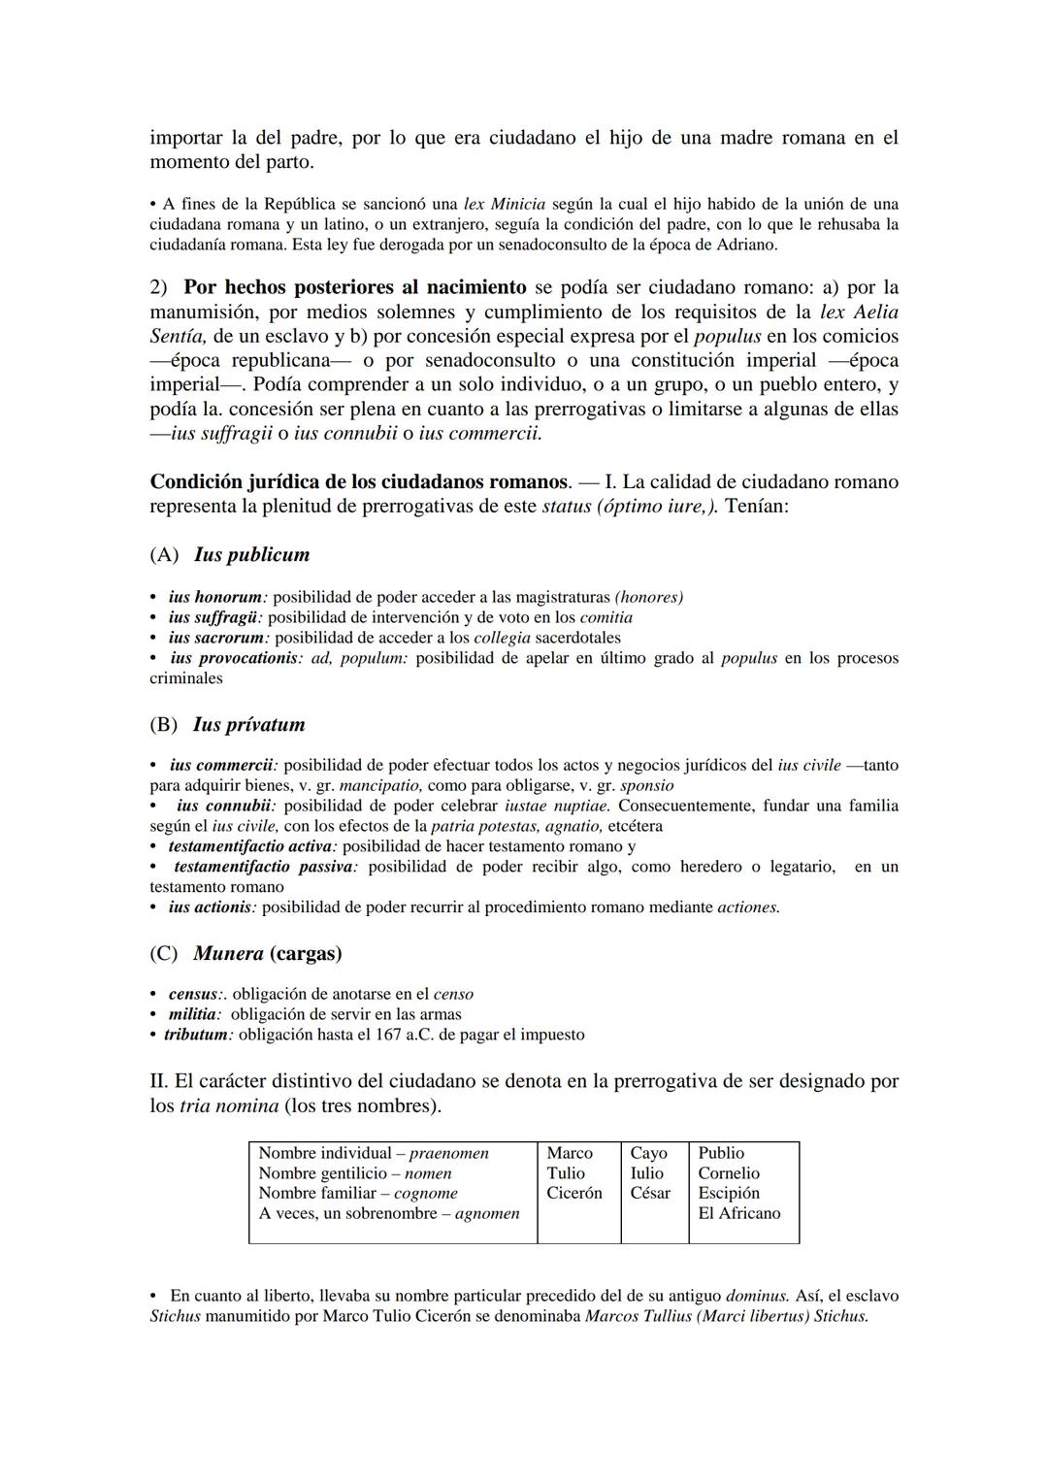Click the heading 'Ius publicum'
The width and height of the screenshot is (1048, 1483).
pyautogui.click(x=251, y=555)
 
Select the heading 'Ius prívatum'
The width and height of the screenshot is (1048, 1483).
pyautogui.click(x=248, y=725)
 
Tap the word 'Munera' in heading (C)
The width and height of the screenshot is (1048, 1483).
pyautogui.click(x=228, y=954)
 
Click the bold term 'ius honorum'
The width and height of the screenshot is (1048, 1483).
pyautogui.click(x=215, y=598)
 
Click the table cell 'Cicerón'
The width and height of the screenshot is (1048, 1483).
pyautogui.click(x=573, y=1194)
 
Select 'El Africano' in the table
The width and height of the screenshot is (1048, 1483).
pyautogui.click(x=738, y=1213)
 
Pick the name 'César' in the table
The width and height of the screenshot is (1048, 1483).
pyautogui.click(x=649, y=1194)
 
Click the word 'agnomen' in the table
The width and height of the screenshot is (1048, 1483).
pyautogui.click(x=487, y=1213)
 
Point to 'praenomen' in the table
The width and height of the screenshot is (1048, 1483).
pyautogui.click(x=448, y=1153)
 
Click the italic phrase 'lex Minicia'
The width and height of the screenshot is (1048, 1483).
pyautogui.click(x=505, y=205)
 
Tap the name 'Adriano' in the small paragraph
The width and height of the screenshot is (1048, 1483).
pyautogui.click(x=749, y=246)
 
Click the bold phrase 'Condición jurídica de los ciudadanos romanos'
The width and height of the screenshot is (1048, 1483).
pyautogui.click(x=358, y=482)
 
